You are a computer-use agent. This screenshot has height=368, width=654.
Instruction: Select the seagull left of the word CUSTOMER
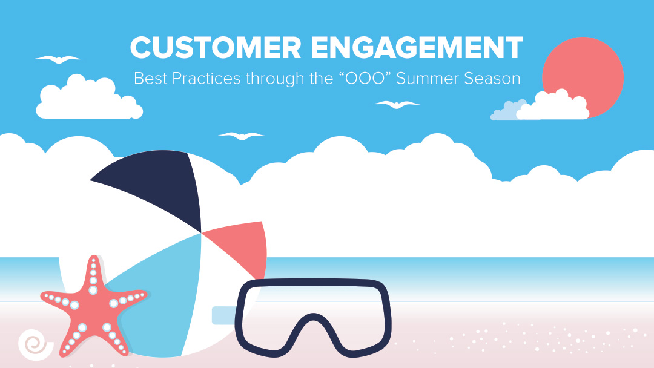[58, 59]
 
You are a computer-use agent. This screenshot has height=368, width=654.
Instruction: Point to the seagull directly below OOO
[397, 105]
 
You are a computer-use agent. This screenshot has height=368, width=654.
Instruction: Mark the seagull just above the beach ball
[242, 136]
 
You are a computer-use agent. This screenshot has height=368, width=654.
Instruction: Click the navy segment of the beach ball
[157, 188]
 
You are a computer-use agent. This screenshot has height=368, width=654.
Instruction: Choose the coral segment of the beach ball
[239, 245]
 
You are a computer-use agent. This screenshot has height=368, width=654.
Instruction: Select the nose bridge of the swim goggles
[312, 327]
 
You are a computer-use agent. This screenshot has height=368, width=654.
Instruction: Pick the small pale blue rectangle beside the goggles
[222, 315]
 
